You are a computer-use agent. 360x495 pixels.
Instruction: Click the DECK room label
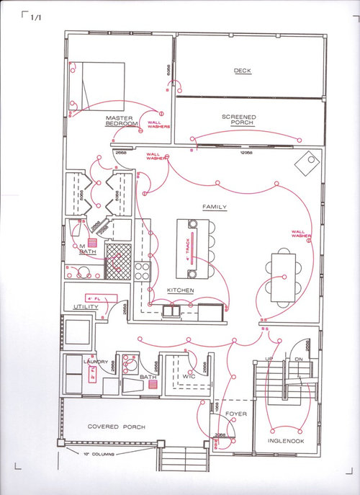point(241,71)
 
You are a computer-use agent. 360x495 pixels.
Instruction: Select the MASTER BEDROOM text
point(121,121)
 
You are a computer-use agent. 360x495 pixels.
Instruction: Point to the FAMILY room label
point(215,208)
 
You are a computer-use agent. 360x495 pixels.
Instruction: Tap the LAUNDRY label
point(95,361)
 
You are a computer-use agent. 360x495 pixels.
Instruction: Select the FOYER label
point(236,414)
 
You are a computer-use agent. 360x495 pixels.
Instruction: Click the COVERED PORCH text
point(116,427)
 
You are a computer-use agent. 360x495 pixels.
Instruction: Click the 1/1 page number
point(37,19)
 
